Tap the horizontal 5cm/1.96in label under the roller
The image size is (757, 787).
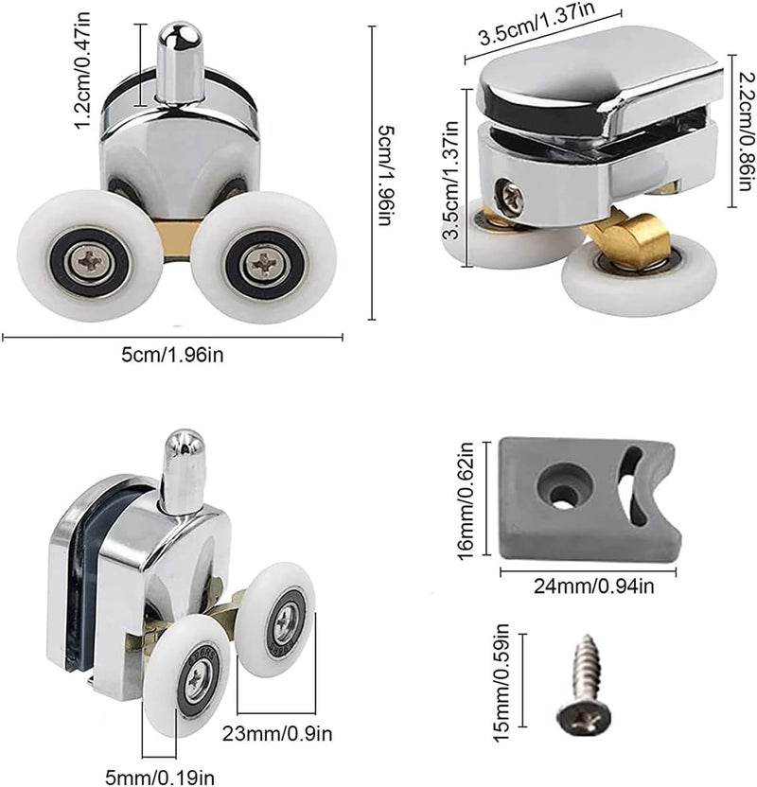(172, 355)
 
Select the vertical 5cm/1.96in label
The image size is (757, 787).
(387, 175)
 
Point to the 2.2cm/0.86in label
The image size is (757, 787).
(747, 131)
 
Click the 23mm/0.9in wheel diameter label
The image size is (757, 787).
(277, 734)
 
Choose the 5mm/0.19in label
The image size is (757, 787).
(159, 777)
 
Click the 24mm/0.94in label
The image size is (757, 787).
(593, 586)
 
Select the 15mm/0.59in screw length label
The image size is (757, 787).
(502, 682)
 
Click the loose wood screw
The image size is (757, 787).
(585, 683)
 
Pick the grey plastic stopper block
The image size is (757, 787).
(590, 498)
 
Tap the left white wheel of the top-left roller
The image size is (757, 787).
(90, 256)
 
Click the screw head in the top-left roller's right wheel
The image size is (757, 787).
(264, 262)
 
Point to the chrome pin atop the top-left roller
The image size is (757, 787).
(179, 61)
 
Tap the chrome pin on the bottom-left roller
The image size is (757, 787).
(185, 471)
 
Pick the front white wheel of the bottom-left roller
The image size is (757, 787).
(187, 675)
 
